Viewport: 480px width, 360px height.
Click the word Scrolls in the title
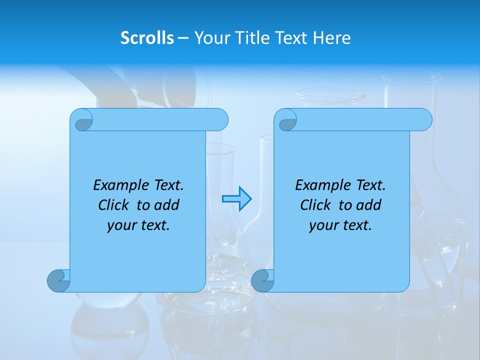click(147, 38)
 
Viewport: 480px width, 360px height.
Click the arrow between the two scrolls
click(236, 199)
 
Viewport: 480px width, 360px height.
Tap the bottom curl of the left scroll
click(58, 280)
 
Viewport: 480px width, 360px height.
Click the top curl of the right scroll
click(286, 120)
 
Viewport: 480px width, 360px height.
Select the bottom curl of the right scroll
click(262, 280)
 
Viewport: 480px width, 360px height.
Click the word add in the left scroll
click(166, 205)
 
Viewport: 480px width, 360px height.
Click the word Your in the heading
click(210, 38)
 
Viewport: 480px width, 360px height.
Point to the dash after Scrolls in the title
click(183, 38)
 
